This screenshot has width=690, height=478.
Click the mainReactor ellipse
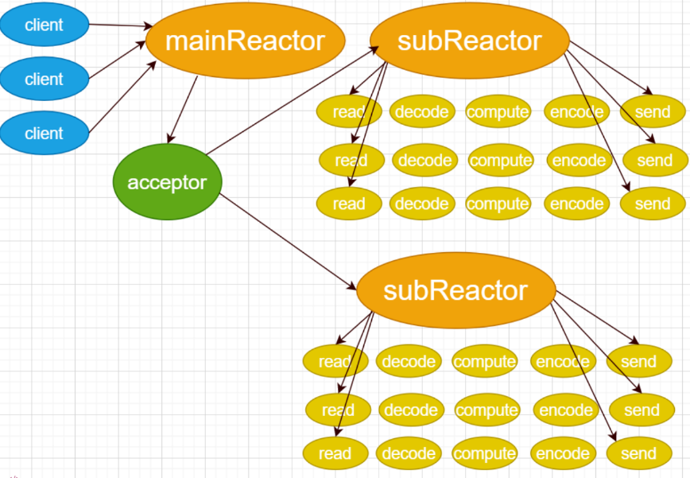point(245,41)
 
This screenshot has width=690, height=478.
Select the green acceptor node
point(167,182)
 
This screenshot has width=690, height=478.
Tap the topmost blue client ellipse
point(44,25)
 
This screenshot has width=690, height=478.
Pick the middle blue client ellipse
point(44,79)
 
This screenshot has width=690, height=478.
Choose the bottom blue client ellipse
point(44,133)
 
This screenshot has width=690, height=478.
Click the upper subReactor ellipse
point(470,41)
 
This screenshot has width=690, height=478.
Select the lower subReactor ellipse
point(456,290)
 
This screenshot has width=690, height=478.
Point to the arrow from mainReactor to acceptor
point(183,110)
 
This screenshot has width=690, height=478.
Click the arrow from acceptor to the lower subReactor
point(288,242)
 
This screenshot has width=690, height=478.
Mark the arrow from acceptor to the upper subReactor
point(293,100)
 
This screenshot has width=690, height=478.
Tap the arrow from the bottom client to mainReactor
point(122,97)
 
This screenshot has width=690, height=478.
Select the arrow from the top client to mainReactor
point(121,25)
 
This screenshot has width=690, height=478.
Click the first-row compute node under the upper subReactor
point(498,112)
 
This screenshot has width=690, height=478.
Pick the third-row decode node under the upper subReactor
point(422,204)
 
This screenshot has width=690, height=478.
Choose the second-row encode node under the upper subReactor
point(579,160)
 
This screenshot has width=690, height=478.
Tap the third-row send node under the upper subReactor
point(653,204)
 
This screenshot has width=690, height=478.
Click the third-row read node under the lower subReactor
point(335,453)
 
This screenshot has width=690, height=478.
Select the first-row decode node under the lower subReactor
point(409,361)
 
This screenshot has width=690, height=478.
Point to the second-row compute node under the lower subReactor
point(487,410)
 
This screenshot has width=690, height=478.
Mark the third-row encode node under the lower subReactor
point(564,453)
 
